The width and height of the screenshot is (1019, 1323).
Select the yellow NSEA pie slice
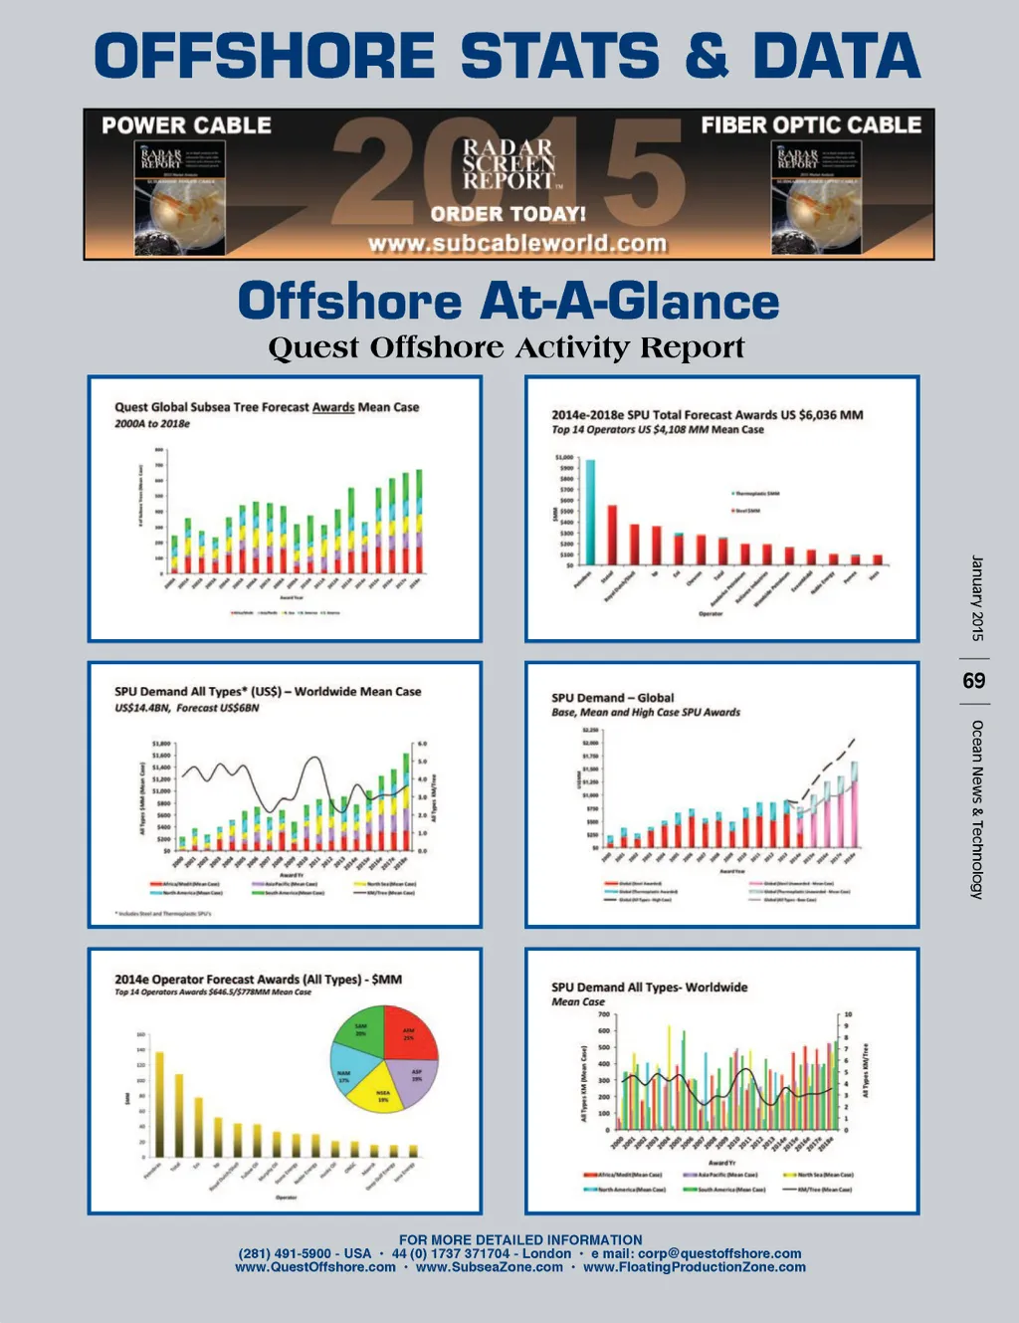(x=383, y=1094)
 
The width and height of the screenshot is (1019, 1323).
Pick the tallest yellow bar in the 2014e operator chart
(x=159, y=1104)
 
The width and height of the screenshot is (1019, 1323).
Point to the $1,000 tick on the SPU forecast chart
(x=564, y=459)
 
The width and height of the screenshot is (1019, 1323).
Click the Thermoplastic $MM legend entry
(x=755, y=494)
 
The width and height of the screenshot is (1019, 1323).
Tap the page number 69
(x=974, y=681)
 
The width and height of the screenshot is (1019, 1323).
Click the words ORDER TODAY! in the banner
(x=508, y=214)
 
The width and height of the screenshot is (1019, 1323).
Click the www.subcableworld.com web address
(x=517, y=244)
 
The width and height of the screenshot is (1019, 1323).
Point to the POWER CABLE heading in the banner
(x=187, y=125)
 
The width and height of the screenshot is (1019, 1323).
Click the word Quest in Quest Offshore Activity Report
(x=313, y=348)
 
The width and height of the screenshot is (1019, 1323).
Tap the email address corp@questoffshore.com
(x=721, y=1253)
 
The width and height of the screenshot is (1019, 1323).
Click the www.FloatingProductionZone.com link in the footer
(x=695, y=1267)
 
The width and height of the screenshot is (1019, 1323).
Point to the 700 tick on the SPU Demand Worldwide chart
(x=604, y=1014)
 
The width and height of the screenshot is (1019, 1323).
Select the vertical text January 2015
(x=976, y=597)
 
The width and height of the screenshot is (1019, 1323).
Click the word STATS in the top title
(x=559, y=56)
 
